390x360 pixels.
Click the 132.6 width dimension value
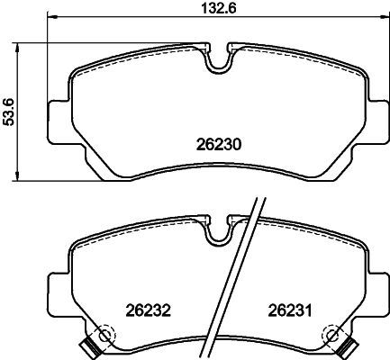218,7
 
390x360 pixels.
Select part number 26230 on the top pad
219,145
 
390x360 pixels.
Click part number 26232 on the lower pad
148,310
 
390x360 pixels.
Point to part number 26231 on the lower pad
290,310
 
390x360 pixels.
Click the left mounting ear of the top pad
59,122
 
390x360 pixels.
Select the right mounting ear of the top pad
378,122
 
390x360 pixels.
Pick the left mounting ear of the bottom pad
59,294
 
